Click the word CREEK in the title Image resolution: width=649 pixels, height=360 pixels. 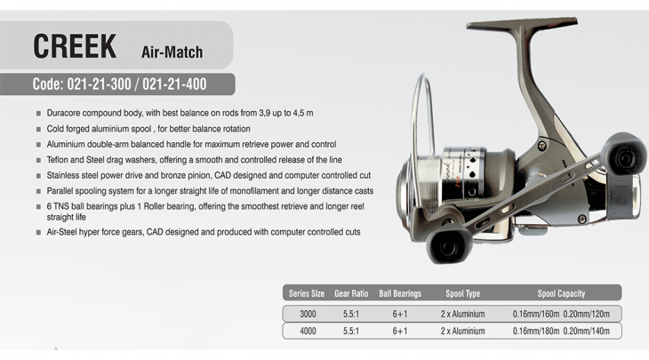(x=75, y=46)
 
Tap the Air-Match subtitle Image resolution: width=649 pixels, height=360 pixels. (x=172, y=52)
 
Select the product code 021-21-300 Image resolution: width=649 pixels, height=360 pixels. (x=99, y=84)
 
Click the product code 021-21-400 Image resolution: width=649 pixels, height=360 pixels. (x=174, y=84)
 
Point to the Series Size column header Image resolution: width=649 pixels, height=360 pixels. (x=307, y=293)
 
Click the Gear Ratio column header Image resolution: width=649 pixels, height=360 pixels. (x=351, y=293)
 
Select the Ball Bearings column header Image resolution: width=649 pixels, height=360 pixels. (x=400, y=293)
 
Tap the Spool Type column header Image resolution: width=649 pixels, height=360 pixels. (x=462, y=293)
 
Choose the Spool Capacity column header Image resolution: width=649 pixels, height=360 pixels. (x=561, y=293)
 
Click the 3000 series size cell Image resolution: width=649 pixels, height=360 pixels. (x=308, y=314)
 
